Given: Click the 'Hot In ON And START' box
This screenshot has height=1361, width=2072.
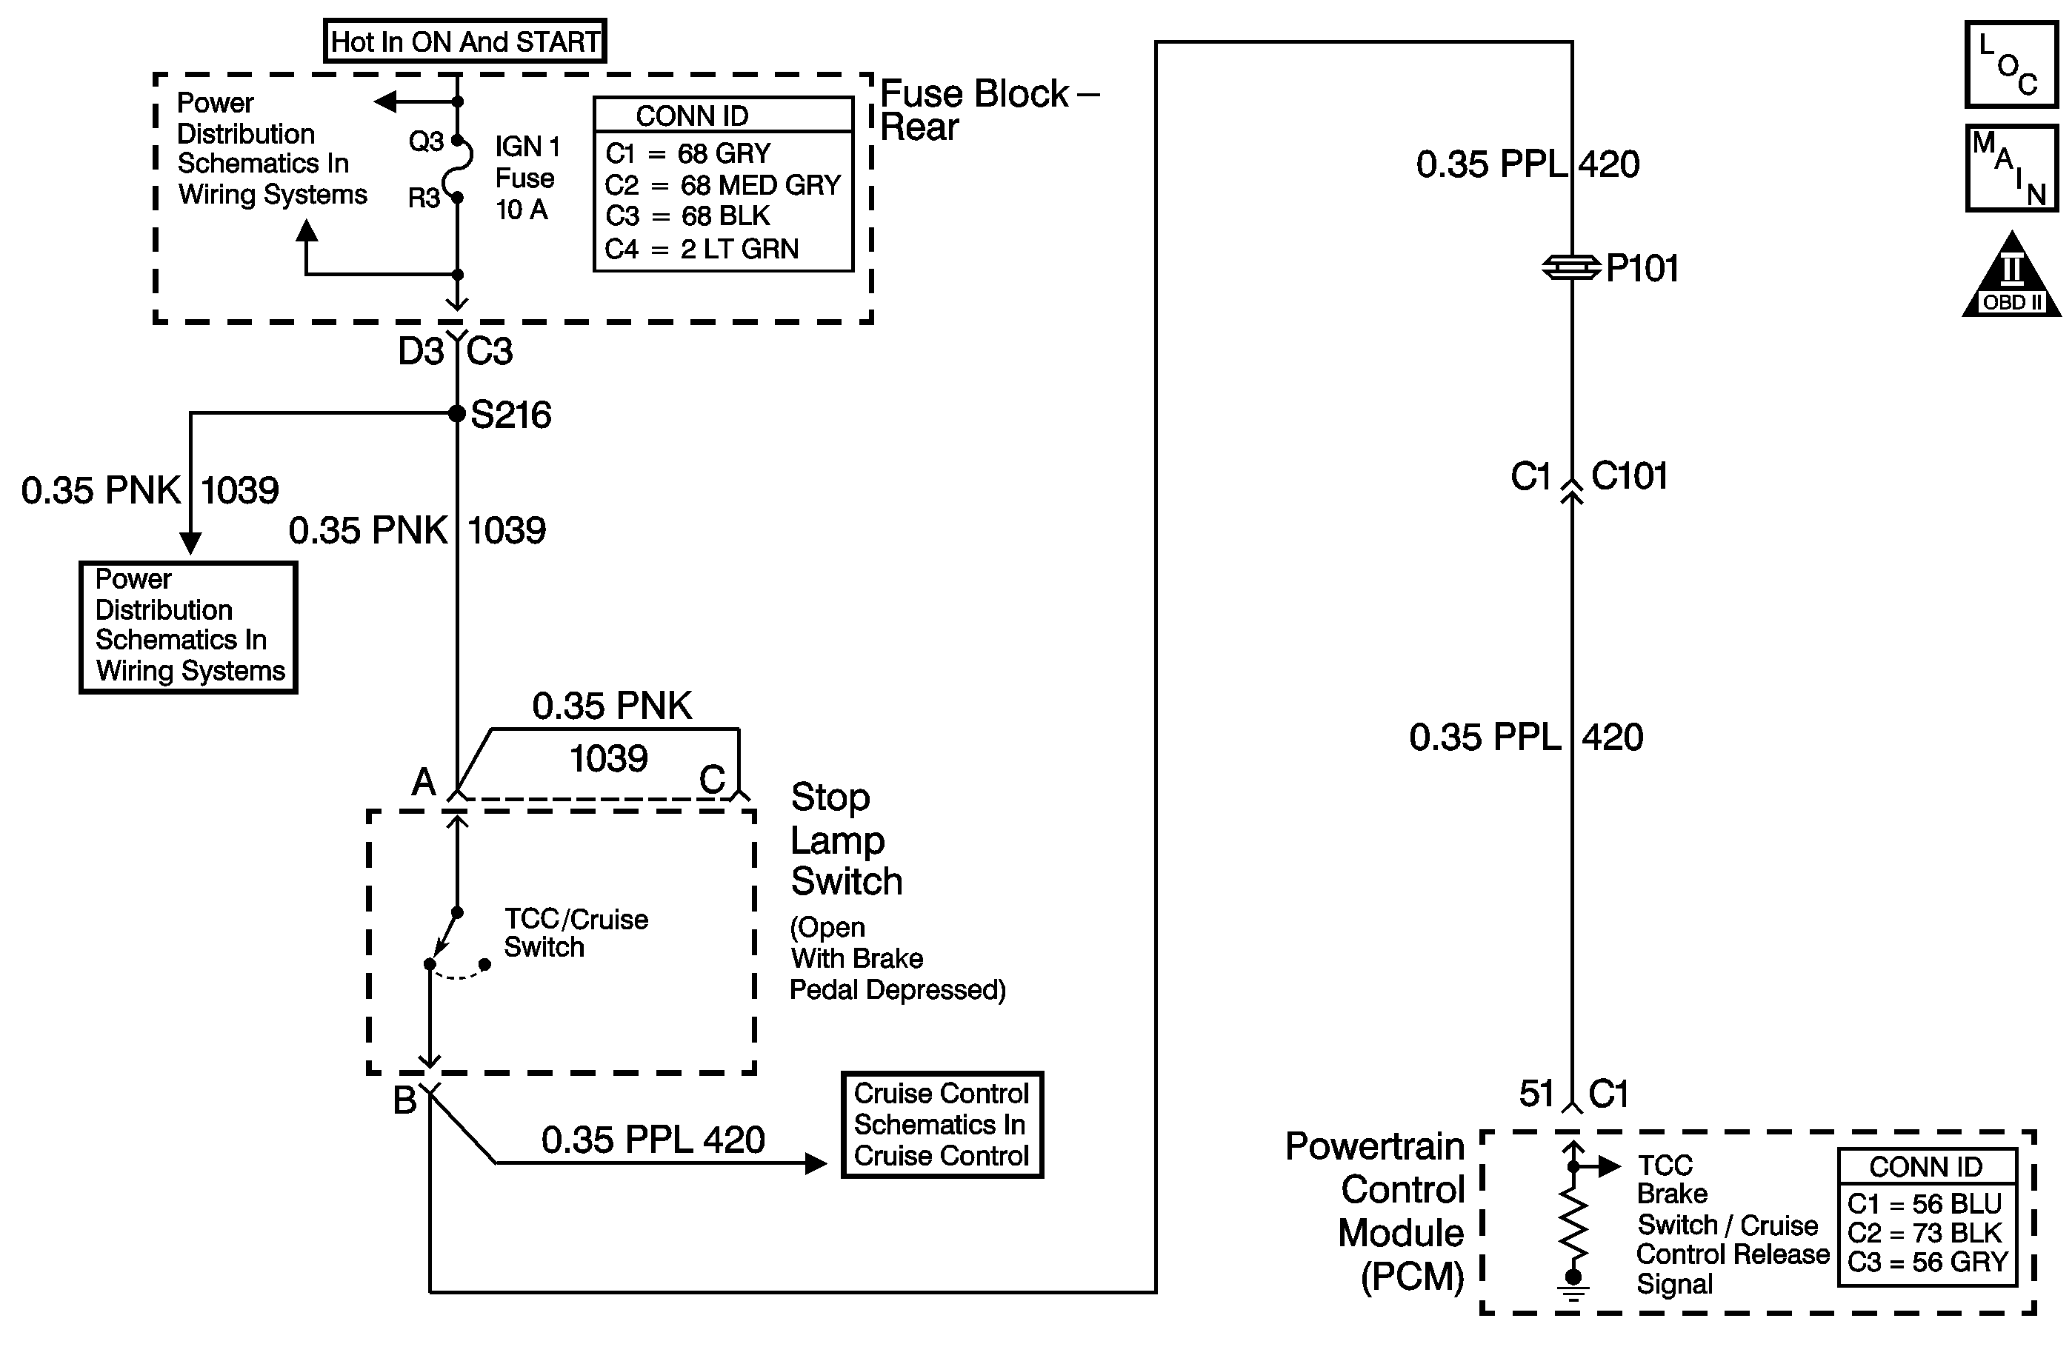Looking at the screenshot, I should [465, 41].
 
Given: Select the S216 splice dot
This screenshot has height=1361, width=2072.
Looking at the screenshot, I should [457, 413].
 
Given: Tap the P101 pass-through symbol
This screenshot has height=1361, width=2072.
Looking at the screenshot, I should [1571, 267].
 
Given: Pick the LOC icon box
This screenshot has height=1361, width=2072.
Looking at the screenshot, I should [2011, 65].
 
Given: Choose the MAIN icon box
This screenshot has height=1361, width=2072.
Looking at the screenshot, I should [2011, 168].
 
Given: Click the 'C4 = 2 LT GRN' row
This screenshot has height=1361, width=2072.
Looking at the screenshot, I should [702, 250].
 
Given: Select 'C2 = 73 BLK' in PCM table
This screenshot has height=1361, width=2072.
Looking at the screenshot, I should [1925, 1233].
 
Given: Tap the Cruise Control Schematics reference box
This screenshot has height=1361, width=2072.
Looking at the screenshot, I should [942, 1124].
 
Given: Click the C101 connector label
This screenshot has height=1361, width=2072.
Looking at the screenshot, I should [1629, 477].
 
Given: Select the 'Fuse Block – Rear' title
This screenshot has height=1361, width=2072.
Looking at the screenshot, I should [988, 110].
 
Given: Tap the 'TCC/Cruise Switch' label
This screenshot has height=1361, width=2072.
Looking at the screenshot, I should [576, 933].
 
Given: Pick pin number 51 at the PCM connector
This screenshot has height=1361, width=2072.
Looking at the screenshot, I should [1536, 1094].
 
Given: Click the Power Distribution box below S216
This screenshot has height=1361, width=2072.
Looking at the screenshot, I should [189, 626].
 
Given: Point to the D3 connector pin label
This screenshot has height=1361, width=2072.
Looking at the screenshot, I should [421, 352].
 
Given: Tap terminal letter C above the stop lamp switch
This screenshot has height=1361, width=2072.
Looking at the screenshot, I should [712, 780].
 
